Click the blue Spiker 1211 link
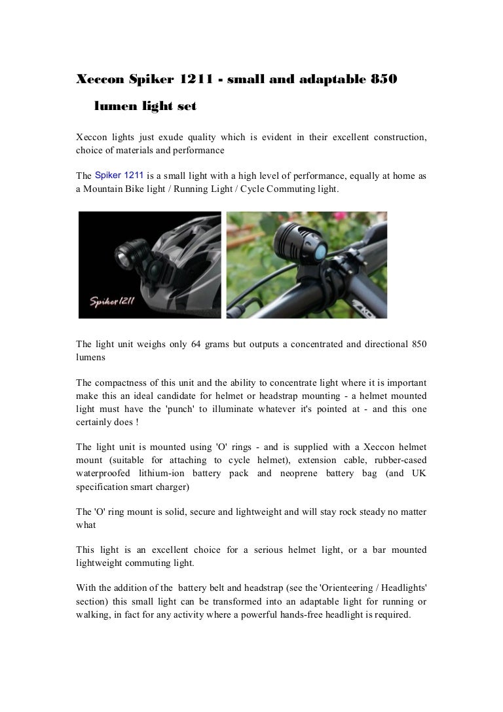tap(119, 175)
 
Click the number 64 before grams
tap(195, 345)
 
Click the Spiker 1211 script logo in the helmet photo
tap(113, 301)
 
